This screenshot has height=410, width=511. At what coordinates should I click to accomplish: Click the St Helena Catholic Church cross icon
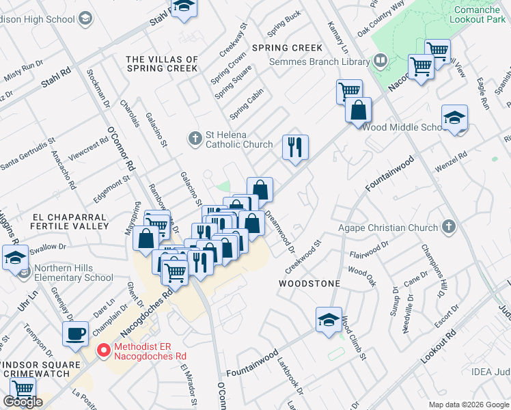click(194, 139)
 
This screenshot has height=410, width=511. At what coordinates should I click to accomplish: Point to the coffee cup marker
click(75, 334)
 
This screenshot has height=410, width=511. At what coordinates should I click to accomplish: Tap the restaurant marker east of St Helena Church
click(295, 148)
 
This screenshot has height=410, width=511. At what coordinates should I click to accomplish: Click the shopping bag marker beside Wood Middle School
click(358, 110)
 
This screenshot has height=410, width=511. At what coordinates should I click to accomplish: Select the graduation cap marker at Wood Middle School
click(454, 118)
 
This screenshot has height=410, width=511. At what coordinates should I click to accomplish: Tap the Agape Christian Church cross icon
click(448, 225)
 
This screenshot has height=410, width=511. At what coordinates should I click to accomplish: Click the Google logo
click(23, 402)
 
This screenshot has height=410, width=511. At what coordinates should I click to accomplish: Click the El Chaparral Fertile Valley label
click(70, 220)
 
